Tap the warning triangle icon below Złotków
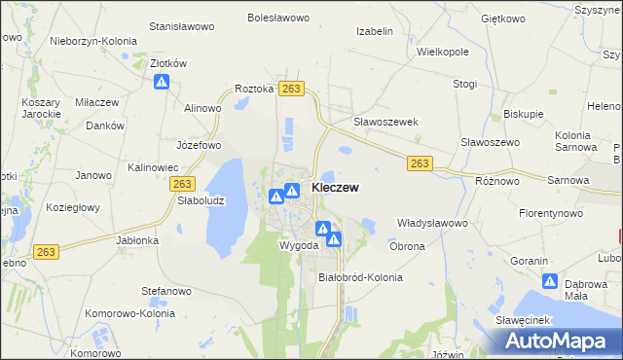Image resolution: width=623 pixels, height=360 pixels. pos(162,83)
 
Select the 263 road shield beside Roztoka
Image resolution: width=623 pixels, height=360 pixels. pos(290,89)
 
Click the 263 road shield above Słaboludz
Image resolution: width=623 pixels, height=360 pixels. pos(182,183)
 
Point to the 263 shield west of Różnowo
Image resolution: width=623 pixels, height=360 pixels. pos(420,163)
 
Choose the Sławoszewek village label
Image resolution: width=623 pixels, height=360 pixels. pos(385,122)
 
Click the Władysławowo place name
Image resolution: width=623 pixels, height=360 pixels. pos(433,223)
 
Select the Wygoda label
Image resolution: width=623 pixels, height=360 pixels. pos(299,245)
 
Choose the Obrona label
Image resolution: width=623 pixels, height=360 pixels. pos(407,246)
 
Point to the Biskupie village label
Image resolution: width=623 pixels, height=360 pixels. pos(524,114)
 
